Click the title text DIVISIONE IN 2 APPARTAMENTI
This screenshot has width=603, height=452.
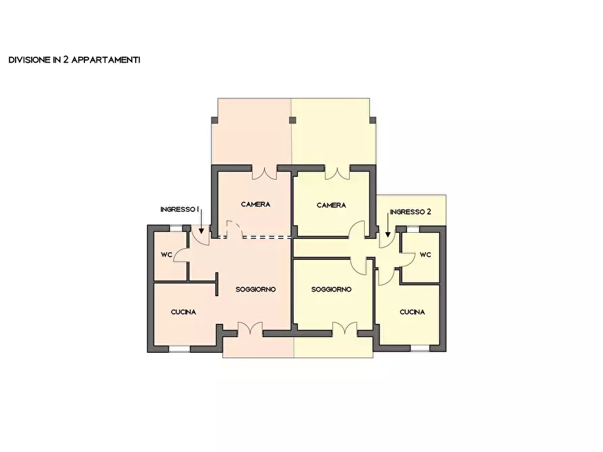74,60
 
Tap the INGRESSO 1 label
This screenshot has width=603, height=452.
180,210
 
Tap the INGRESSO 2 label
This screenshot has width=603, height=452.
410,212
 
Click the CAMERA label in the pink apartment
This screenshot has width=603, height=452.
256,204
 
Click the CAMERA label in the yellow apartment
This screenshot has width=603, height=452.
332,205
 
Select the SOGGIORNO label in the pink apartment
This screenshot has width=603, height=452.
256,289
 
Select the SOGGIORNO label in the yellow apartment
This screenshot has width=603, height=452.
332,289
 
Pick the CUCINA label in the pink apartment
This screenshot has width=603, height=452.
183,312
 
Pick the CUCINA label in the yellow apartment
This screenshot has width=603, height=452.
412,312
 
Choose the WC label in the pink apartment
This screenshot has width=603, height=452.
166,255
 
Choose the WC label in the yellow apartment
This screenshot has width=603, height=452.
425,255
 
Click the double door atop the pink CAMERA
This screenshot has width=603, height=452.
265,172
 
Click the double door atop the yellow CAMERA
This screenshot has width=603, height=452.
336,172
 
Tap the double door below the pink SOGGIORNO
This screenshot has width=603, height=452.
251,329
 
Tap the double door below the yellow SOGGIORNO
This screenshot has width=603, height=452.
345,329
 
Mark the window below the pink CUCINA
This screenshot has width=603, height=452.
179,349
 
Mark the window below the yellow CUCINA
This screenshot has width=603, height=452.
420,349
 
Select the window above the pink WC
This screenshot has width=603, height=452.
177,228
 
